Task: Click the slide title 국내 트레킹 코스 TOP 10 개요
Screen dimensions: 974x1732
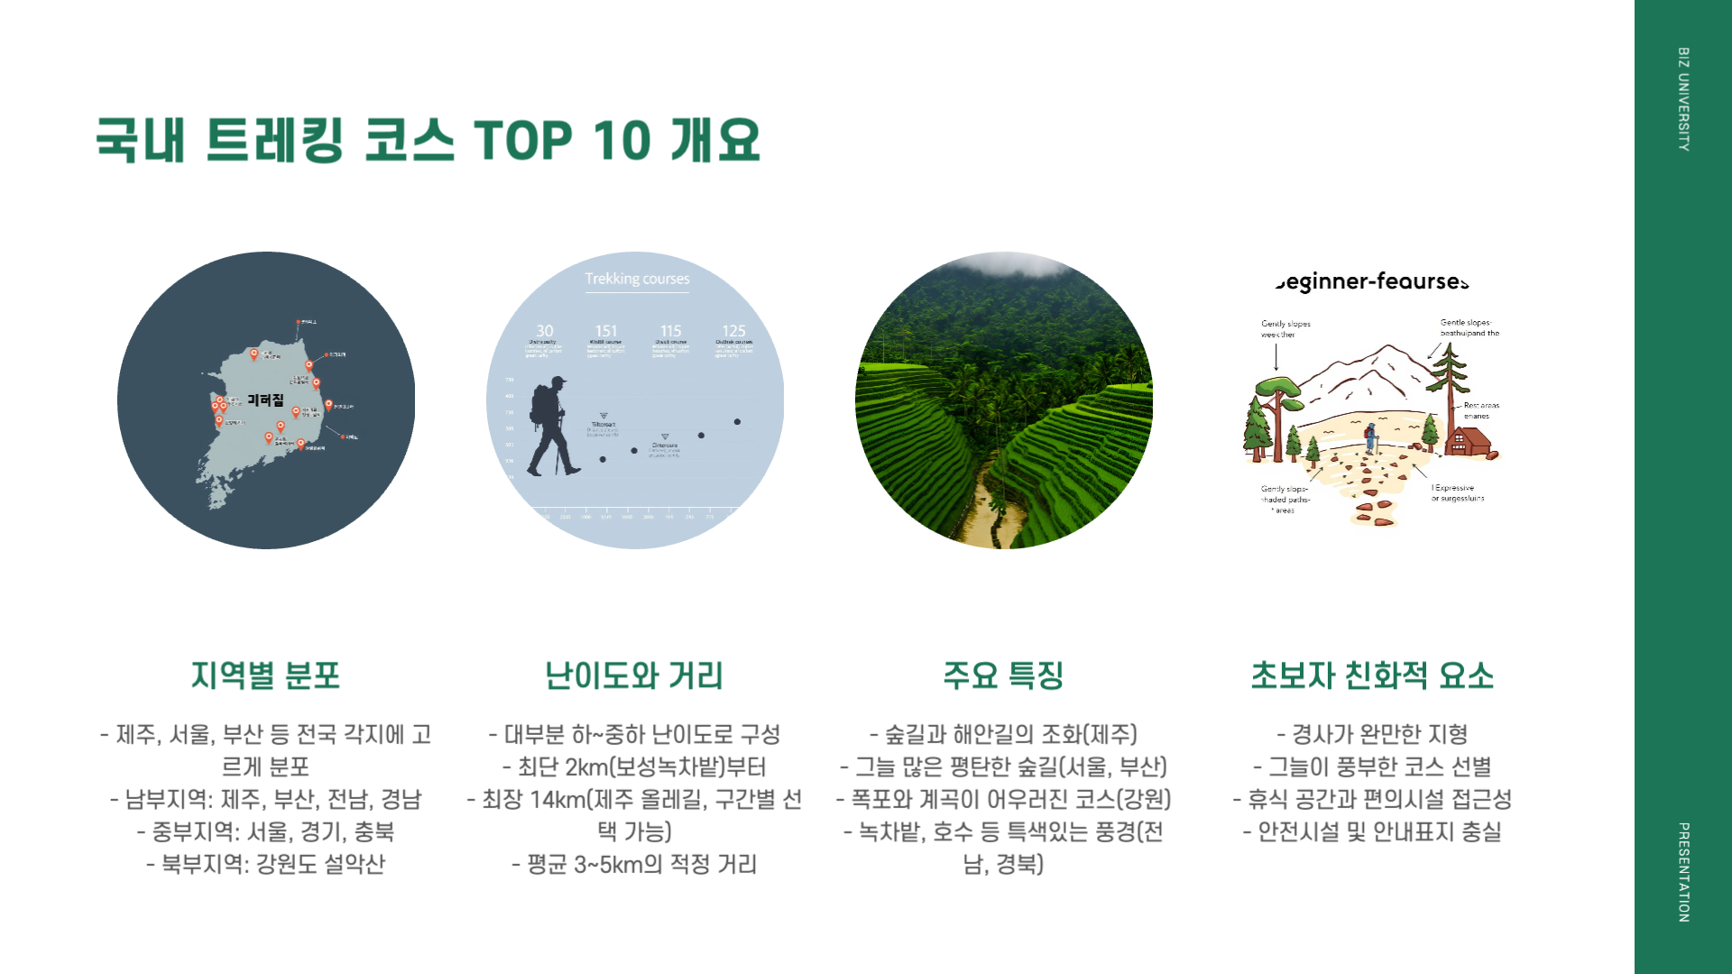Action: point(428,141)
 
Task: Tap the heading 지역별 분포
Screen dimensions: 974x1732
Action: point(265,675)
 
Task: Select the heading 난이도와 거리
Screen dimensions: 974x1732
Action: point(634,675)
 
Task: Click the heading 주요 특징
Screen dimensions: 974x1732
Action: point(1003,675)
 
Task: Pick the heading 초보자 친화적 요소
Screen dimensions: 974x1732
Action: point(1372,675)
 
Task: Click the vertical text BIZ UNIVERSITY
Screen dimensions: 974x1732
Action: point(1683,99)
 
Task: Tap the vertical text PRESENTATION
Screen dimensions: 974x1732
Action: point(1683,871)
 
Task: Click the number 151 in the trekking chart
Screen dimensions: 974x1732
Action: point(606,331)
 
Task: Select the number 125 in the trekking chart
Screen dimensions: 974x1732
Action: point(733,331)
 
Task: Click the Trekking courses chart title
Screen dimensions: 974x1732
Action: point(637,279)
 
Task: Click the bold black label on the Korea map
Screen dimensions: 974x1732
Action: point(265,400)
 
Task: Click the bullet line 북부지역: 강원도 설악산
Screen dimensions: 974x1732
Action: point(265,864)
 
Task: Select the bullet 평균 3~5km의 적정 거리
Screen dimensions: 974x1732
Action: point(634,864)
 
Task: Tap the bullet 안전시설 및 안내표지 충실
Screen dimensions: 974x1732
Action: point(1372,832)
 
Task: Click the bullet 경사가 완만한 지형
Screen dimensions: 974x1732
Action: point(1372,734)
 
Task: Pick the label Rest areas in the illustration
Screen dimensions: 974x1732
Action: point(1481,406)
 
